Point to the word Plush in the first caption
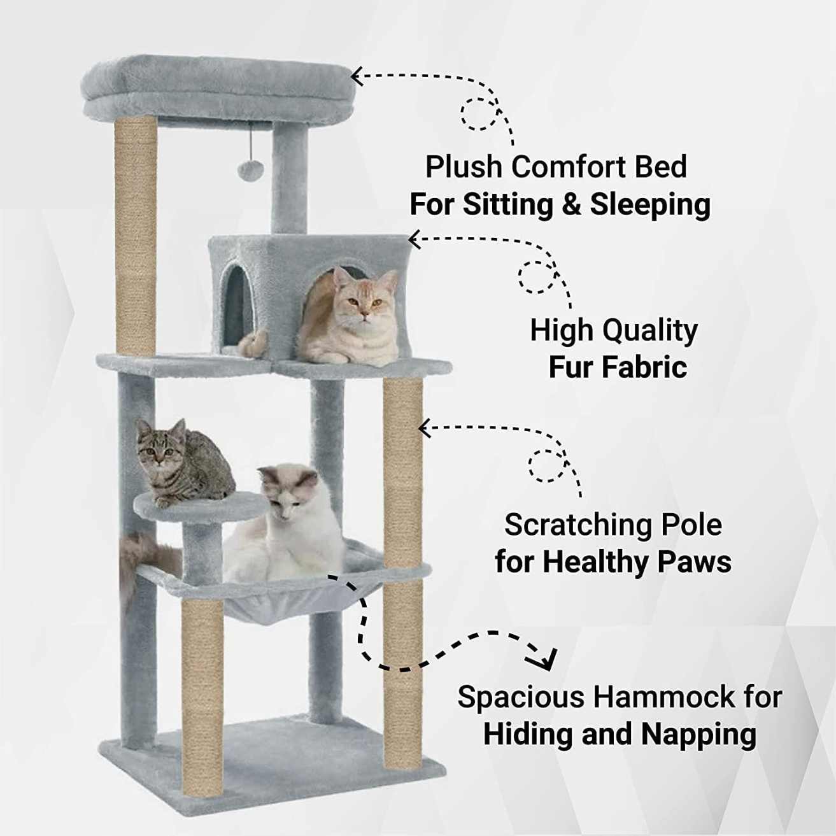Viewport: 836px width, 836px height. tap(463, 167)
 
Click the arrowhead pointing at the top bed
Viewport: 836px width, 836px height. tap(357, 76)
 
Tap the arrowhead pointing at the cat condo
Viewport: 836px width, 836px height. tap(414, 240)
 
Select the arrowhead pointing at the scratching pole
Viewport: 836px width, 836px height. tap(425, 428)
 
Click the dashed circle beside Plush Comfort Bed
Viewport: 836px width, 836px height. tap(479, 115)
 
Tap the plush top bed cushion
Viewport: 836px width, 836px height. tap(216, 86)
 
